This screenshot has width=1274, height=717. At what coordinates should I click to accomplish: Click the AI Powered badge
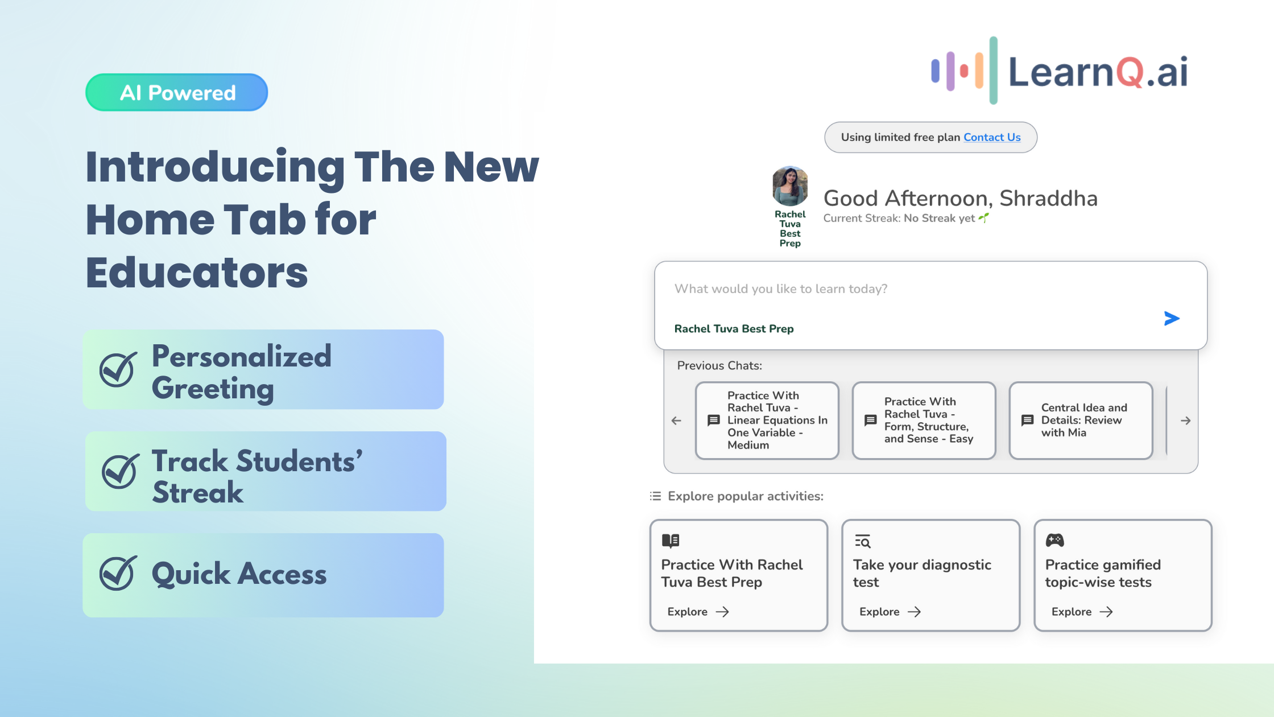[x=177, y=92]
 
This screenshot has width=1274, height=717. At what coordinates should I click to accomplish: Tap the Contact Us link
[x=992, y=137]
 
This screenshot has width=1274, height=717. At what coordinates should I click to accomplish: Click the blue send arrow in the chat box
[x=1172, y=318]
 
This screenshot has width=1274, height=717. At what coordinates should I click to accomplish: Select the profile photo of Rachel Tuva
[x=790, y=186]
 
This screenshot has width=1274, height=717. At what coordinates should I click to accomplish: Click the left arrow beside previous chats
[x=676, y=421]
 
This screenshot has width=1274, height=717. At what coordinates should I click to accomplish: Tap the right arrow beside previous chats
[x=1185, y=421]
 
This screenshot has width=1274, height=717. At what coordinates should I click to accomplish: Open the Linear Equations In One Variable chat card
[x=767, y=421]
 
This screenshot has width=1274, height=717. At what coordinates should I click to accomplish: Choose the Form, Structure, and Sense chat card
[x=924, y=421]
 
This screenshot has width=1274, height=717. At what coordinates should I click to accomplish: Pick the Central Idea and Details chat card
[x=1081, y=421]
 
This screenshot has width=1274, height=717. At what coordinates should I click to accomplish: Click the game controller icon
[x=1055, y=540]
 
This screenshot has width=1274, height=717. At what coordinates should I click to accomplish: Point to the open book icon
[x=671, y=540]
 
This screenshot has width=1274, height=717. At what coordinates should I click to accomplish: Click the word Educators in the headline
[x=197, y=273]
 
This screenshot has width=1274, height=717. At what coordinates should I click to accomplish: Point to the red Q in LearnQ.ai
[x=1130, y=73]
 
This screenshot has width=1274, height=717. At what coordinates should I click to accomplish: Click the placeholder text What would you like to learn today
[x=781, y=289]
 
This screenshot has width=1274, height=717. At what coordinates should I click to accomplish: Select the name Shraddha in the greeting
[x=1048, y=199]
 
